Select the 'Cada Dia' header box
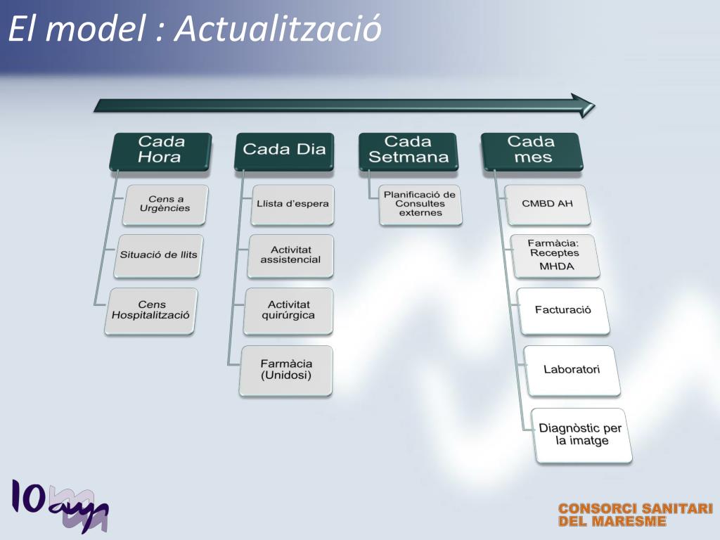284,150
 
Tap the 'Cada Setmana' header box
408,150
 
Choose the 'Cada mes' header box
532,150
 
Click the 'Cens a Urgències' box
166,204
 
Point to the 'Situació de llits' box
159,255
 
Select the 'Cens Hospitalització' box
151,310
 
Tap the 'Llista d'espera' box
292,204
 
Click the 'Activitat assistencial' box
290,255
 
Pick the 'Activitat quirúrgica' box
288,310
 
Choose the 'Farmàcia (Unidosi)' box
286,370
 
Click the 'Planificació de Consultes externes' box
420,204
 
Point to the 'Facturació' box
562,310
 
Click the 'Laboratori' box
572,370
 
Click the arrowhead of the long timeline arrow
583,105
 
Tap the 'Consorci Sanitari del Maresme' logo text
636,515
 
